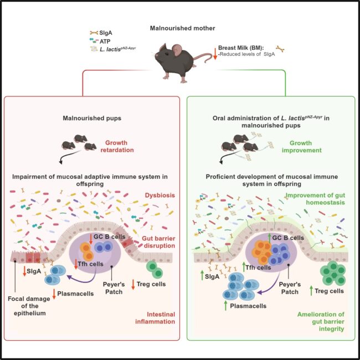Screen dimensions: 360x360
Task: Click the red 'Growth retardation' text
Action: [x=118, y=145]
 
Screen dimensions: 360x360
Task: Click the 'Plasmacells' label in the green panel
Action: [x=249, y=305]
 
